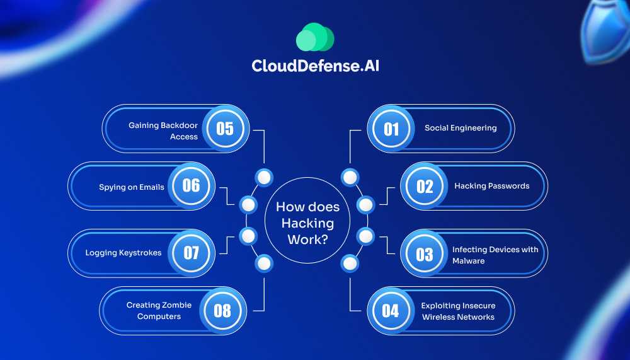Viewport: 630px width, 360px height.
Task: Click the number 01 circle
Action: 391,129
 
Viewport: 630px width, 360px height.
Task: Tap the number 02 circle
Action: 425,186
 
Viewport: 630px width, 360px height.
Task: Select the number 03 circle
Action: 425,253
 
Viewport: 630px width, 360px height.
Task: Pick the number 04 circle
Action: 391,310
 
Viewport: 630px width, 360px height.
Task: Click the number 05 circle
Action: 225,129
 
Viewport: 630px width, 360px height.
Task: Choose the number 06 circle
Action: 191,186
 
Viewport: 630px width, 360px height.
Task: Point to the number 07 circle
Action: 191,253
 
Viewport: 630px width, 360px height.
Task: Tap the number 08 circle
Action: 222,310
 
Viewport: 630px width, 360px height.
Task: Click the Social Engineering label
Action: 461,128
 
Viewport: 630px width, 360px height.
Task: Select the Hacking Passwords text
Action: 491,186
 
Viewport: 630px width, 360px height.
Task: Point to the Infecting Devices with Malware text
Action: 495,255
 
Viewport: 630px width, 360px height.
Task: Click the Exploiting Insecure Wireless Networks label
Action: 458,311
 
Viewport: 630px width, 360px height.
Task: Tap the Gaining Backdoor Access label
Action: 163,131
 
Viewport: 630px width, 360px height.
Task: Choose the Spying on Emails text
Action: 132,187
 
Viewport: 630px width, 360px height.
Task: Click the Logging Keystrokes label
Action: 123,253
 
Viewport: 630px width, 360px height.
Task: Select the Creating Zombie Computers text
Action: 159,311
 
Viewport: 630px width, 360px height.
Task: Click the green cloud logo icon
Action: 314,37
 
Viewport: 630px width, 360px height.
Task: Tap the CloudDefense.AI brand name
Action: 314,66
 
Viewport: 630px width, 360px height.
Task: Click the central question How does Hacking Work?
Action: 307,223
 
